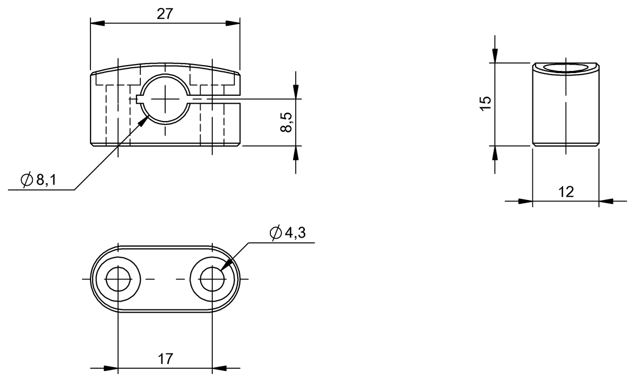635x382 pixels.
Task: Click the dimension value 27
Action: pos(165,14)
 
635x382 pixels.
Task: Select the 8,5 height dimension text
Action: pos(286,122)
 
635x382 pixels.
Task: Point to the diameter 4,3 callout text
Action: pos(294,233)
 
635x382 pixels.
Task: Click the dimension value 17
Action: pos(165,359)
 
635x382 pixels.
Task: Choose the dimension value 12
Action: pos(566,192)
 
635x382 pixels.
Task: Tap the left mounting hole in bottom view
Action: pos(117,279)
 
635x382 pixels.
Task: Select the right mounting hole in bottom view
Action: pos(212,279)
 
